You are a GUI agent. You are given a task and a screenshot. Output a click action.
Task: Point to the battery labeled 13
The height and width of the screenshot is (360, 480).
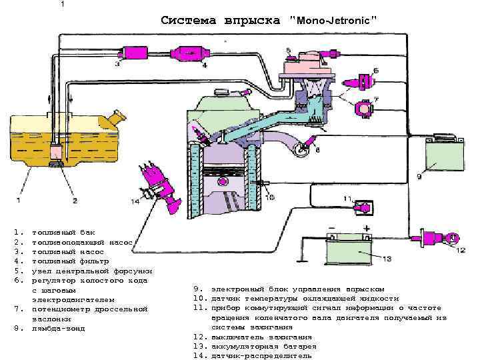tap(350, 254)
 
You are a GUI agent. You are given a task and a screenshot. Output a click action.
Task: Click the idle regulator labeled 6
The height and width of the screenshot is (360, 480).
tap(361, 83)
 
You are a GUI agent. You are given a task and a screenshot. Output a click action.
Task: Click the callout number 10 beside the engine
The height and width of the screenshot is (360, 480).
tap(269, 197)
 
